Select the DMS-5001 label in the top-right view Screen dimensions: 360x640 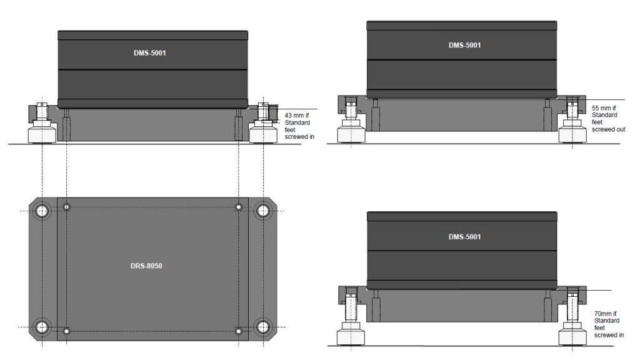click(x=464, y=45)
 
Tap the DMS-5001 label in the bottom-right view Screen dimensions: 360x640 click(x=464, y=237)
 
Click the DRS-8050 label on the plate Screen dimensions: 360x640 click(x=149, y=266)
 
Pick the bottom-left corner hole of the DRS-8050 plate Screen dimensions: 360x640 click(x=42, y=327)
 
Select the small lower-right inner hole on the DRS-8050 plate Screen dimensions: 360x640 click(x=238, y=331)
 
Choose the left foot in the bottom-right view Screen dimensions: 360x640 click(x=351, y=336)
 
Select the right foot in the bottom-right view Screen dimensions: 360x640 click(x=572, y=336)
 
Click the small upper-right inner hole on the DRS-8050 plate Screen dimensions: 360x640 click(x=238, y=207)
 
